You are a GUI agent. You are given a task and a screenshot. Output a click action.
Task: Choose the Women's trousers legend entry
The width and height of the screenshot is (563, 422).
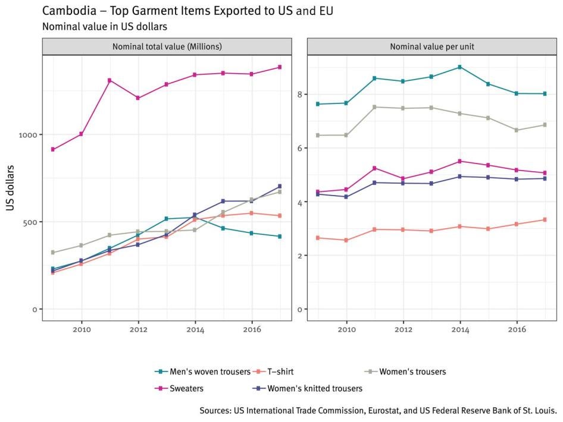412,372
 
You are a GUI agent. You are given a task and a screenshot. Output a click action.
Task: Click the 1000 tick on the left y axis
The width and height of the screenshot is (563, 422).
27,134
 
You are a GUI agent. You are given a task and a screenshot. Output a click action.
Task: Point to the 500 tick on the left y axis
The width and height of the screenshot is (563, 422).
30,222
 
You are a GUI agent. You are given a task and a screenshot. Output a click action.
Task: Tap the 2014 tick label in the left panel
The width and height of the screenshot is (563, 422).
195,329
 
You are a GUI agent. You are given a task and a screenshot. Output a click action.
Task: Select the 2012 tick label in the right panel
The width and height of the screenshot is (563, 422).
403,329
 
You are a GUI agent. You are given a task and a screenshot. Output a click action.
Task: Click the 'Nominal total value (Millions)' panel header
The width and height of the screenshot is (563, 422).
167,46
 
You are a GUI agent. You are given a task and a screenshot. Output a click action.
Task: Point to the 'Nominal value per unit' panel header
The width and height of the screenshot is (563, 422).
432,46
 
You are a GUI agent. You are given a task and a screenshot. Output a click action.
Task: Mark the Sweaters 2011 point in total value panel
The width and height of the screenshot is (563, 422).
110,80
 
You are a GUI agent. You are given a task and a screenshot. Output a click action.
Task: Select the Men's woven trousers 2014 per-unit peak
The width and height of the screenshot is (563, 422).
459,67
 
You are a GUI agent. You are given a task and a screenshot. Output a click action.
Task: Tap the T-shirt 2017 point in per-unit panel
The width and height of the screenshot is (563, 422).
545,220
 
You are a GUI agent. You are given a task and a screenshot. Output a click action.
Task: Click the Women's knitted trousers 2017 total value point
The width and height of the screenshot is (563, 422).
280,186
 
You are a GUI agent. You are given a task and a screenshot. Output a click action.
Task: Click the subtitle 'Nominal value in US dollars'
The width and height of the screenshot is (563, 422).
104,26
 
